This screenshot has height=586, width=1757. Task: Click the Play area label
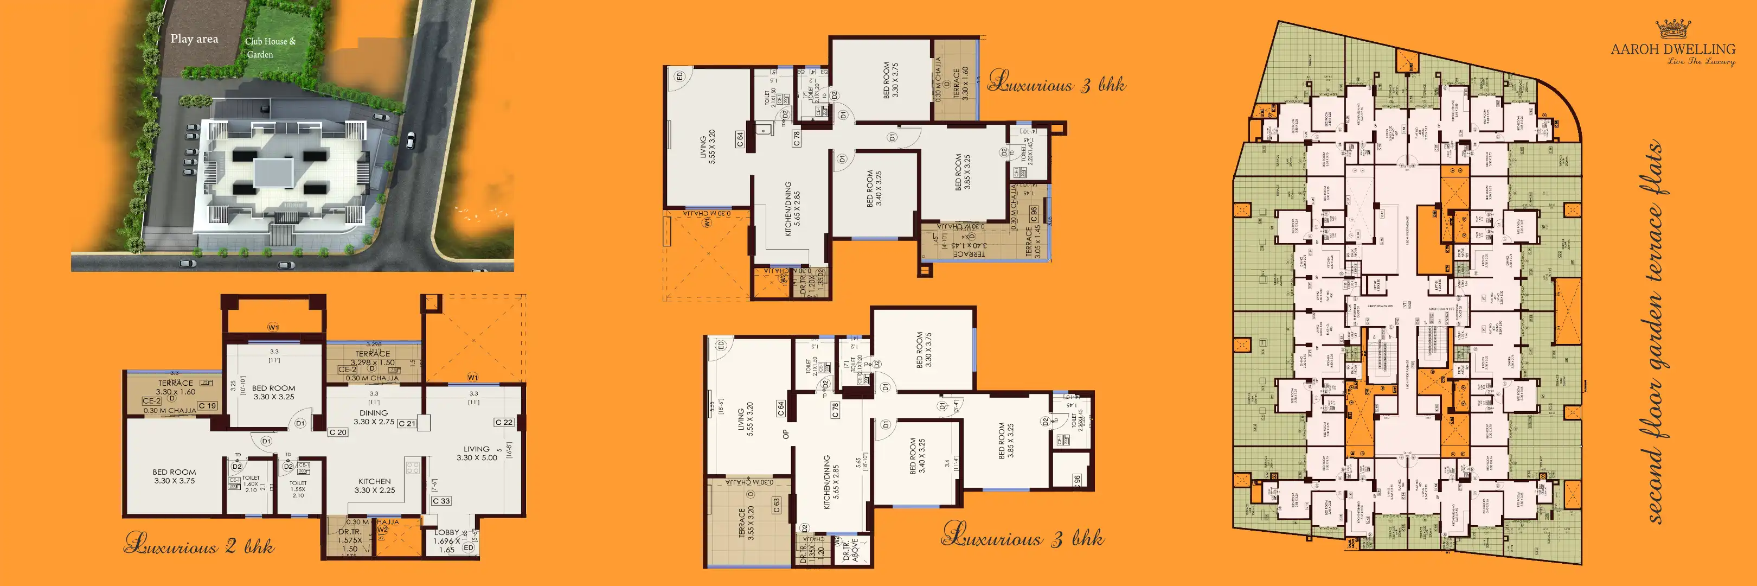[194, 39]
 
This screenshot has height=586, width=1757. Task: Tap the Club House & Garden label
[270, 48]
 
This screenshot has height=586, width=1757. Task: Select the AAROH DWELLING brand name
[1673, 49]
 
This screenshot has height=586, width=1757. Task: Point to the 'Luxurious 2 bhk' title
[199, 545]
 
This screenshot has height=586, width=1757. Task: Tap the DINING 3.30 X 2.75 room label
[374, 417]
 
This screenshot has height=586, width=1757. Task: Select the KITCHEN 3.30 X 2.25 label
[375, 485]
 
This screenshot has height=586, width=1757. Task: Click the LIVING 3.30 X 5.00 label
[477, 453]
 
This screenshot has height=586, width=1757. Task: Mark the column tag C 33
[441, 501]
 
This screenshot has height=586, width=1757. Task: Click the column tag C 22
[504, 422]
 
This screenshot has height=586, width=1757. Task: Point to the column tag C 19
[207, 406]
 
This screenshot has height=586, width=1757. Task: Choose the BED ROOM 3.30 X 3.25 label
[273, 392]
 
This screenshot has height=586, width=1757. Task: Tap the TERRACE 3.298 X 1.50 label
[373, 358]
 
